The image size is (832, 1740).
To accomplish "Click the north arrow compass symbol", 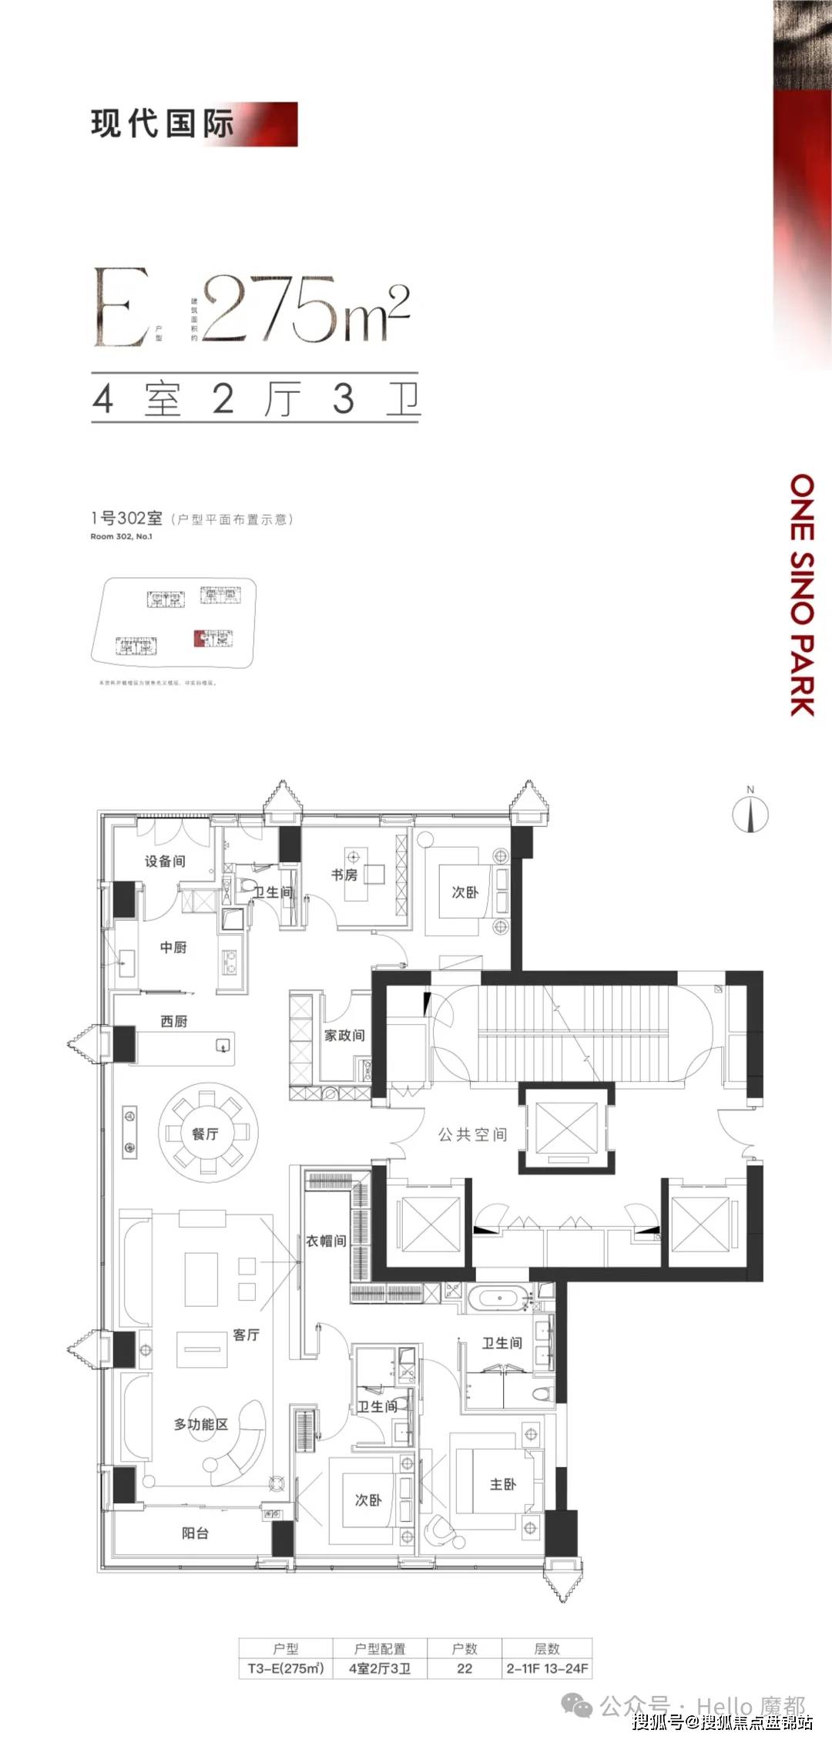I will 750,814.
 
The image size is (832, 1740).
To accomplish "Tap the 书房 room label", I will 344,875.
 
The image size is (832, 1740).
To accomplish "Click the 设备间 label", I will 165,861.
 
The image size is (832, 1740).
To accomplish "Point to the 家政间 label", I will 344,1035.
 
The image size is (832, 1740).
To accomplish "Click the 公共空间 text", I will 473,1134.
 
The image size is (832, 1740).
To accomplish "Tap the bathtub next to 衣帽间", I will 499,1298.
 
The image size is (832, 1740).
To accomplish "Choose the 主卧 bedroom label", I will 503,1483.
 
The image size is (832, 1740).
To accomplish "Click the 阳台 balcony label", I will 195,1533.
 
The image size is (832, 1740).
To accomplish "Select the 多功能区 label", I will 201,1424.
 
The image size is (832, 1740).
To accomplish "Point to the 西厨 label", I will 174,1021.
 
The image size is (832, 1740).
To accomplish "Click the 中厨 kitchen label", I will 173,947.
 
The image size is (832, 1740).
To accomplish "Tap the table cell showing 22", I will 465,1668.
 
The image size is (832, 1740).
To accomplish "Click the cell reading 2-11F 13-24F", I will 547,1668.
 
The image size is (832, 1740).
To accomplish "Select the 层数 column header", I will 547,1648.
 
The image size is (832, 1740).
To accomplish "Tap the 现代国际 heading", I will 163,124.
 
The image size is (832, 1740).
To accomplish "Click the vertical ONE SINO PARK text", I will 802,594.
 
